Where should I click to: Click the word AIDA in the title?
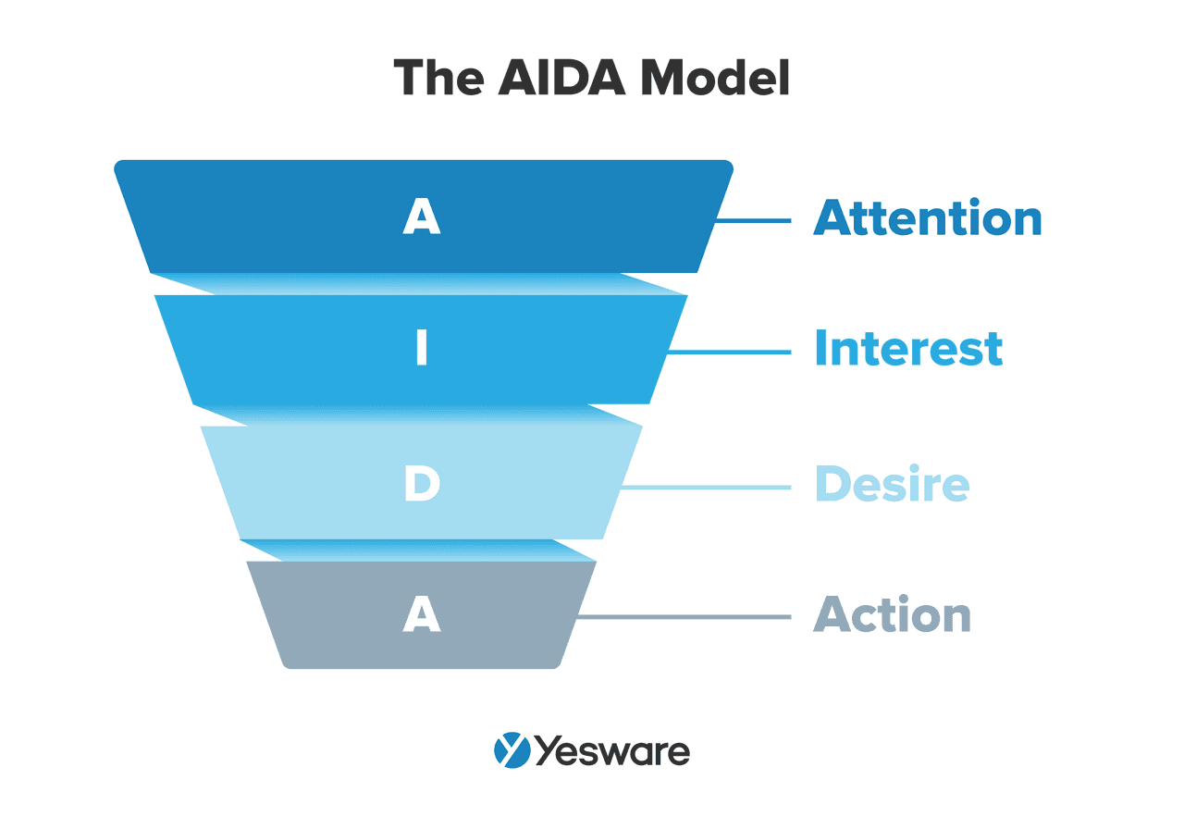[x=564, y=78]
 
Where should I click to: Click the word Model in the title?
[x=716, y=78]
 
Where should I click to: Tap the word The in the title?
[x=438, y=78]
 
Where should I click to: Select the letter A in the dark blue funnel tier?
[x=422, y=218]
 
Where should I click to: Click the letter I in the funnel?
[x=422, y=350]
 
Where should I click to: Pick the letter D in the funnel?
[x=422, y=485]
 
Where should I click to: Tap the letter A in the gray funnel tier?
[x=422, y=614]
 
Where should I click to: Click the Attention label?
[x=928, y=218]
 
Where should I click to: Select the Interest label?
[x=908, y=350]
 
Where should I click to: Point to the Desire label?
[x=892, y=485]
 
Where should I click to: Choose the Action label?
[x=892, y=615]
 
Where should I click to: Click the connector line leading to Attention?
[x=754, y=220]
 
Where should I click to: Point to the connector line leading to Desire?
[x=707, y=487]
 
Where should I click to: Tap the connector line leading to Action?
[x=684, y=617]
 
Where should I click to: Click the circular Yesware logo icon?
[x=512, y=750]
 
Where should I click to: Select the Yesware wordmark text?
[x=612, y=751]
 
